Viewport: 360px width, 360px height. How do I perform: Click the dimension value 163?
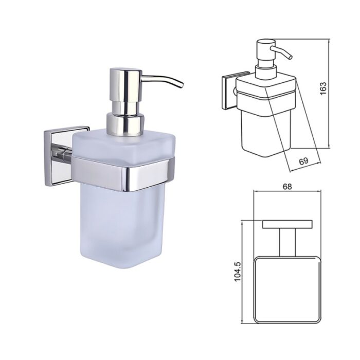pos(323,88)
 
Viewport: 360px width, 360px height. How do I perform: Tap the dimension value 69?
pos(304,161)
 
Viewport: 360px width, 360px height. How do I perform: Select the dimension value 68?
pos(287,187)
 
